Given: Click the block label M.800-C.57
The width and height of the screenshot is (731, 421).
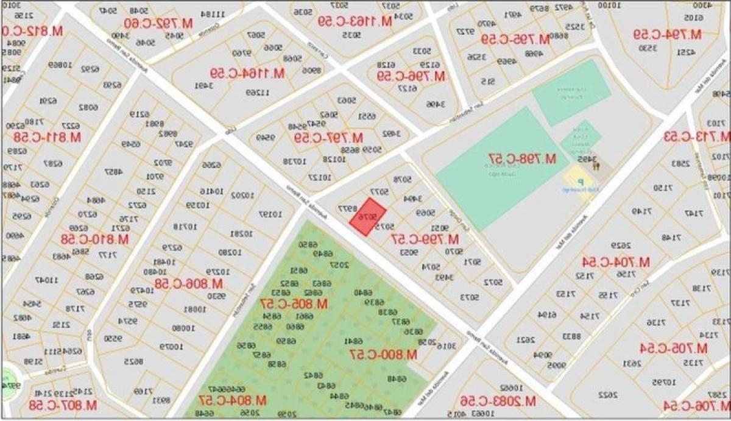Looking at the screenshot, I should click(383, 354).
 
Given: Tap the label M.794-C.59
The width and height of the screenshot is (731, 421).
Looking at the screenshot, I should click(667, 34).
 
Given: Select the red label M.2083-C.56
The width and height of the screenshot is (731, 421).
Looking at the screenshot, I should click(497, 400).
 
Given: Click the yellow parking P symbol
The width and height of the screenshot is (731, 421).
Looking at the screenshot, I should click(581, 182).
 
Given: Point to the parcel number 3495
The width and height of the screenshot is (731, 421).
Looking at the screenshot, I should click(583, 160).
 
